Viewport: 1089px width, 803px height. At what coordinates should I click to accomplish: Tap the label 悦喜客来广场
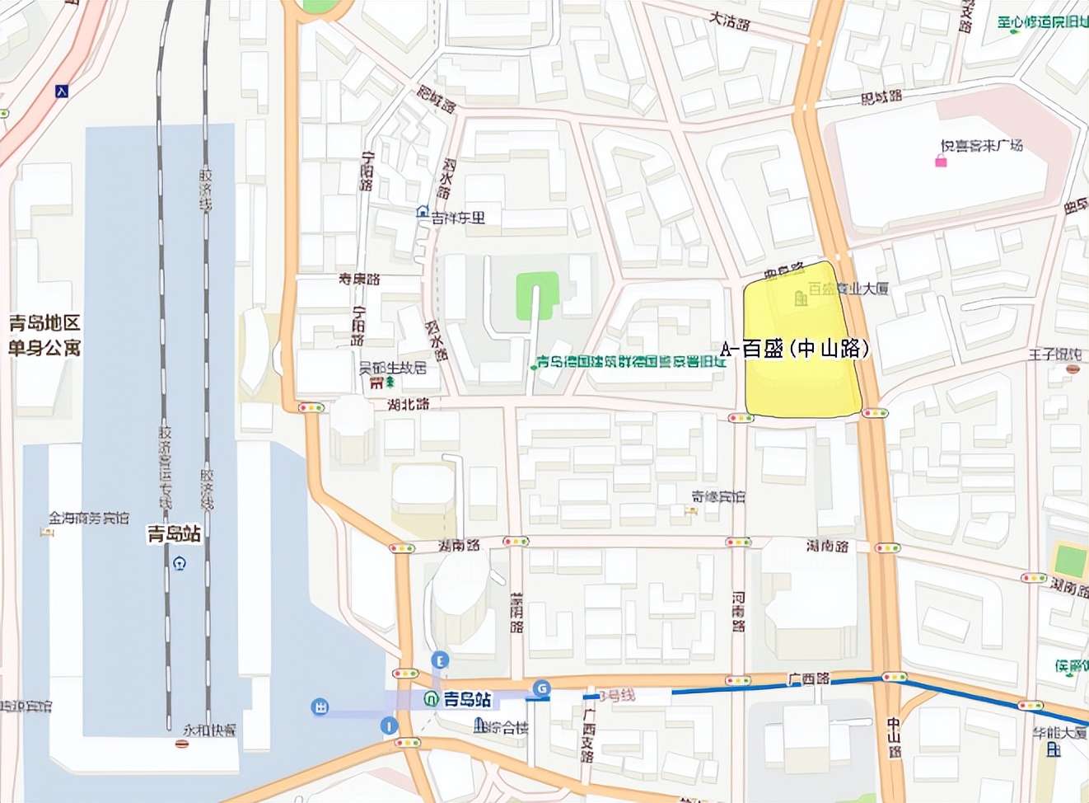tap(981, 146)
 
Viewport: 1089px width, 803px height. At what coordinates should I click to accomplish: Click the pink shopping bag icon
tap(941, 162)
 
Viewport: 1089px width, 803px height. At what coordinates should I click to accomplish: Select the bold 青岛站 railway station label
tap(174, 534)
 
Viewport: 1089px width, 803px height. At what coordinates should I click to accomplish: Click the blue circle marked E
tap(441, 660)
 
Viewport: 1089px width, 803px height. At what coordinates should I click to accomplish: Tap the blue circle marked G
tap(541, 688)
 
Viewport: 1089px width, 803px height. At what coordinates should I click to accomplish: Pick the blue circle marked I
tap(388, 726)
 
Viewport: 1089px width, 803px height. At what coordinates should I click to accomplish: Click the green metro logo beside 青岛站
tap(432, 699)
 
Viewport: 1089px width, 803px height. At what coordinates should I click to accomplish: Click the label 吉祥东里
tap(458, 218)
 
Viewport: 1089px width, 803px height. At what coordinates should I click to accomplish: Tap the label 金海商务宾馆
tap(89, 518)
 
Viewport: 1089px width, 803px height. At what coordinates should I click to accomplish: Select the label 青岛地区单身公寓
tap(44, 336)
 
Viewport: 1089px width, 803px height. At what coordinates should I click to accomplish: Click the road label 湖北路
tap(409, 404)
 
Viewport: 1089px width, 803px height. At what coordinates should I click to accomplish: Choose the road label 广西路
tap(809, 679)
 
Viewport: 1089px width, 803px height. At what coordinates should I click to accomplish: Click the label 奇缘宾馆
tap(717, 497)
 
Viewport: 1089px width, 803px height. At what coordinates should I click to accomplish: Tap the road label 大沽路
tap(729, 20)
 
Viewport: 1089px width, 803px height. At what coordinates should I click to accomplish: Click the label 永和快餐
tap(209, 730)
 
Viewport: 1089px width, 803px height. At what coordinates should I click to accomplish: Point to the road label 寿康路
tap(359, 279)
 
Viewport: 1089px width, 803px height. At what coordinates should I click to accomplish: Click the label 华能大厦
tap(1060, 732)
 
